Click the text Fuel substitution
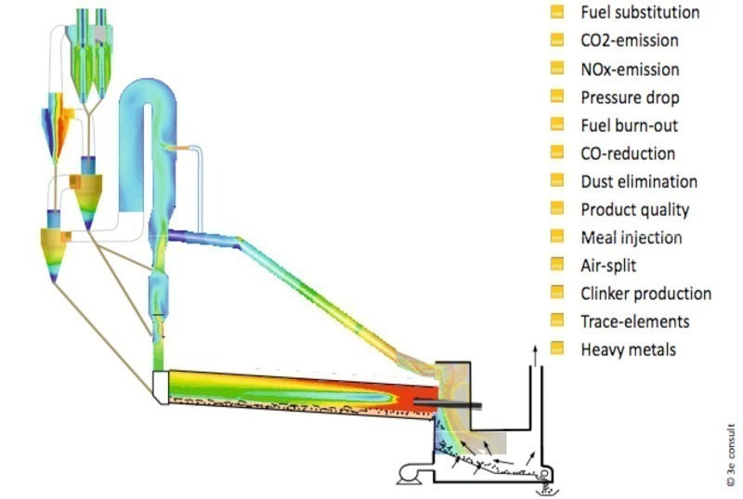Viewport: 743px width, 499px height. pyautogui.click(x=639, y=13)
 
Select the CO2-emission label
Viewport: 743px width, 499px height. pyautogui.click(x=629, y=41)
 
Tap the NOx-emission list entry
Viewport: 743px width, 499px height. pyautogui.click(x=629, y=69)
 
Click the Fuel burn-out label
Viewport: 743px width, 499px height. pyautogui.click(x=629, y=125)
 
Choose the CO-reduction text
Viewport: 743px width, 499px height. pyautogui.click(x=627, y=153)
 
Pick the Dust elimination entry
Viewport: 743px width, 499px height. pyautogui.click(x=638, y=181)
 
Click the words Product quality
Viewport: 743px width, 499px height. pyautogui.click(x=634, y=210)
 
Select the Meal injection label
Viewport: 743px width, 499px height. pyautogui.click(x=631, y=238)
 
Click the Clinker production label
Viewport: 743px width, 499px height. pyautogui.click(x=645, y=294)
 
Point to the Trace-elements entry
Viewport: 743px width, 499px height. pyautogui.click(x=634, y=322)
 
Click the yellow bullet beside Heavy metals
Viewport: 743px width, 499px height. pyautogui.click(x=557, y=349)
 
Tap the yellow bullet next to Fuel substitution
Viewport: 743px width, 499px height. pyautogui.click(x=557, y=13)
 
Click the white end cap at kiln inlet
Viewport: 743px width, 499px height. pyautogui.click(x=160, y=389)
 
